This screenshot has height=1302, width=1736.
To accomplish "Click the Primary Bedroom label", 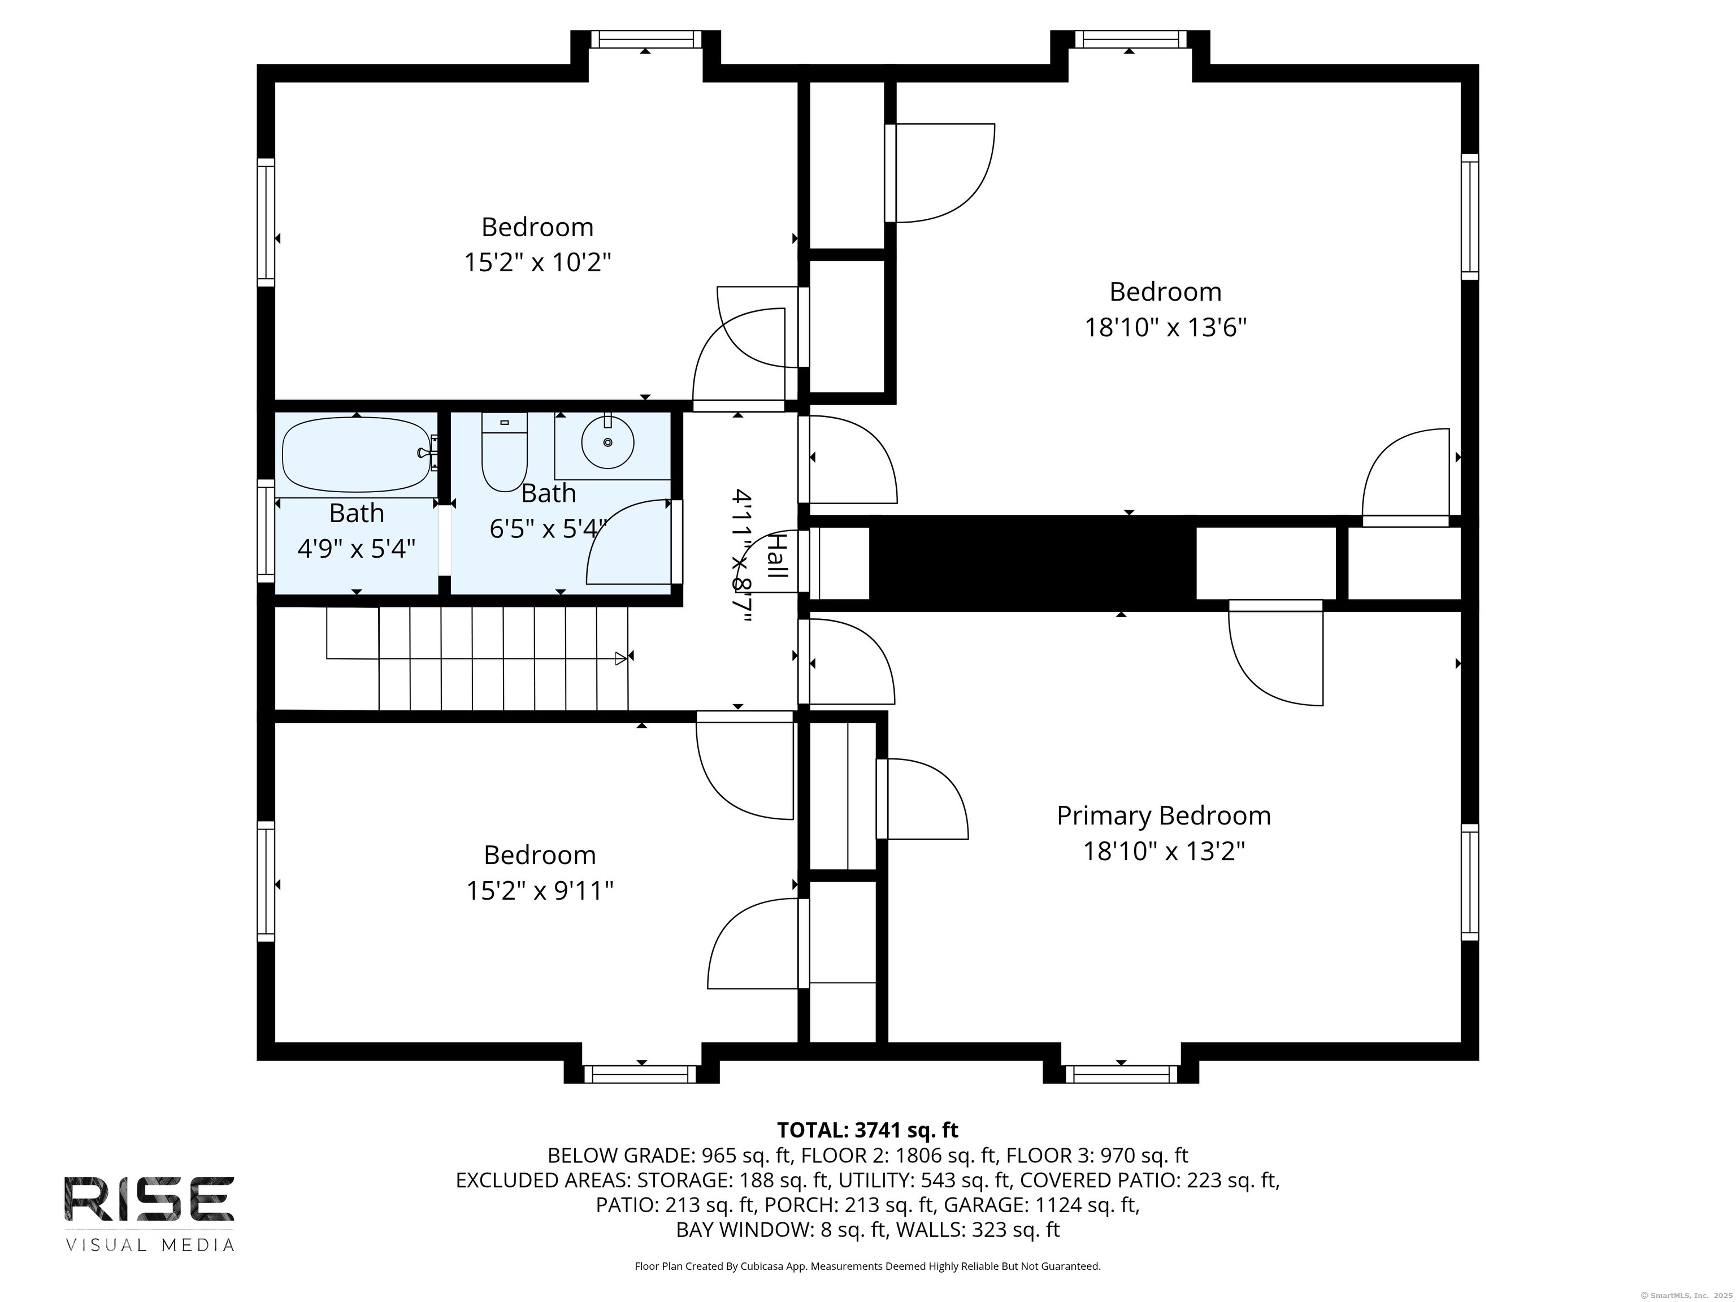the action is [x=1164, y=815].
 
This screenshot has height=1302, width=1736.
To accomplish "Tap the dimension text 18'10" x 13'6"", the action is [x=1165, y=327].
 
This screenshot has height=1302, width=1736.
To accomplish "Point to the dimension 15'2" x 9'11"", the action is [x=540, y=891].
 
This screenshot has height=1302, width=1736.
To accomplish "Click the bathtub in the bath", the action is [x=357, y=455].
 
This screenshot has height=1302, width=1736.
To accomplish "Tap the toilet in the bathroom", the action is [x=504, y=452].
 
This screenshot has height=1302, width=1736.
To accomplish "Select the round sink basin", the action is [x=607, y=442].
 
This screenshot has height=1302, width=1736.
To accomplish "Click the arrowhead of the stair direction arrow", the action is [x=621, y=658].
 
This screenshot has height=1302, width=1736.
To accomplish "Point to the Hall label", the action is [x=777, y=555].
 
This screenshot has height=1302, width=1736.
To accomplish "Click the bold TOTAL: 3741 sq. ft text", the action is [x=867, y=1130].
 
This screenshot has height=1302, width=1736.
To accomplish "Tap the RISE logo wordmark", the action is [x=149, y=1199].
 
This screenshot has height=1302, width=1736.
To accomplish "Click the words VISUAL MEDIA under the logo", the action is [x=149, y=1245].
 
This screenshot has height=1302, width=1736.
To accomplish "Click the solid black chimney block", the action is [x=1032, y=563].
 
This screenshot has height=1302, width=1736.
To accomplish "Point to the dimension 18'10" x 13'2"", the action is [x=1165, y=850].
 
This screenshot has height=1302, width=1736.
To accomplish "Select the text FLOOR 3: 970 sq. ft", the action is [x=1097, y=1155].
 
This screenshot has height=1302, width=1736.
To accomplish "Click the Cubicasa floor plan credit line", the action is [x=867, y=1266].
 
